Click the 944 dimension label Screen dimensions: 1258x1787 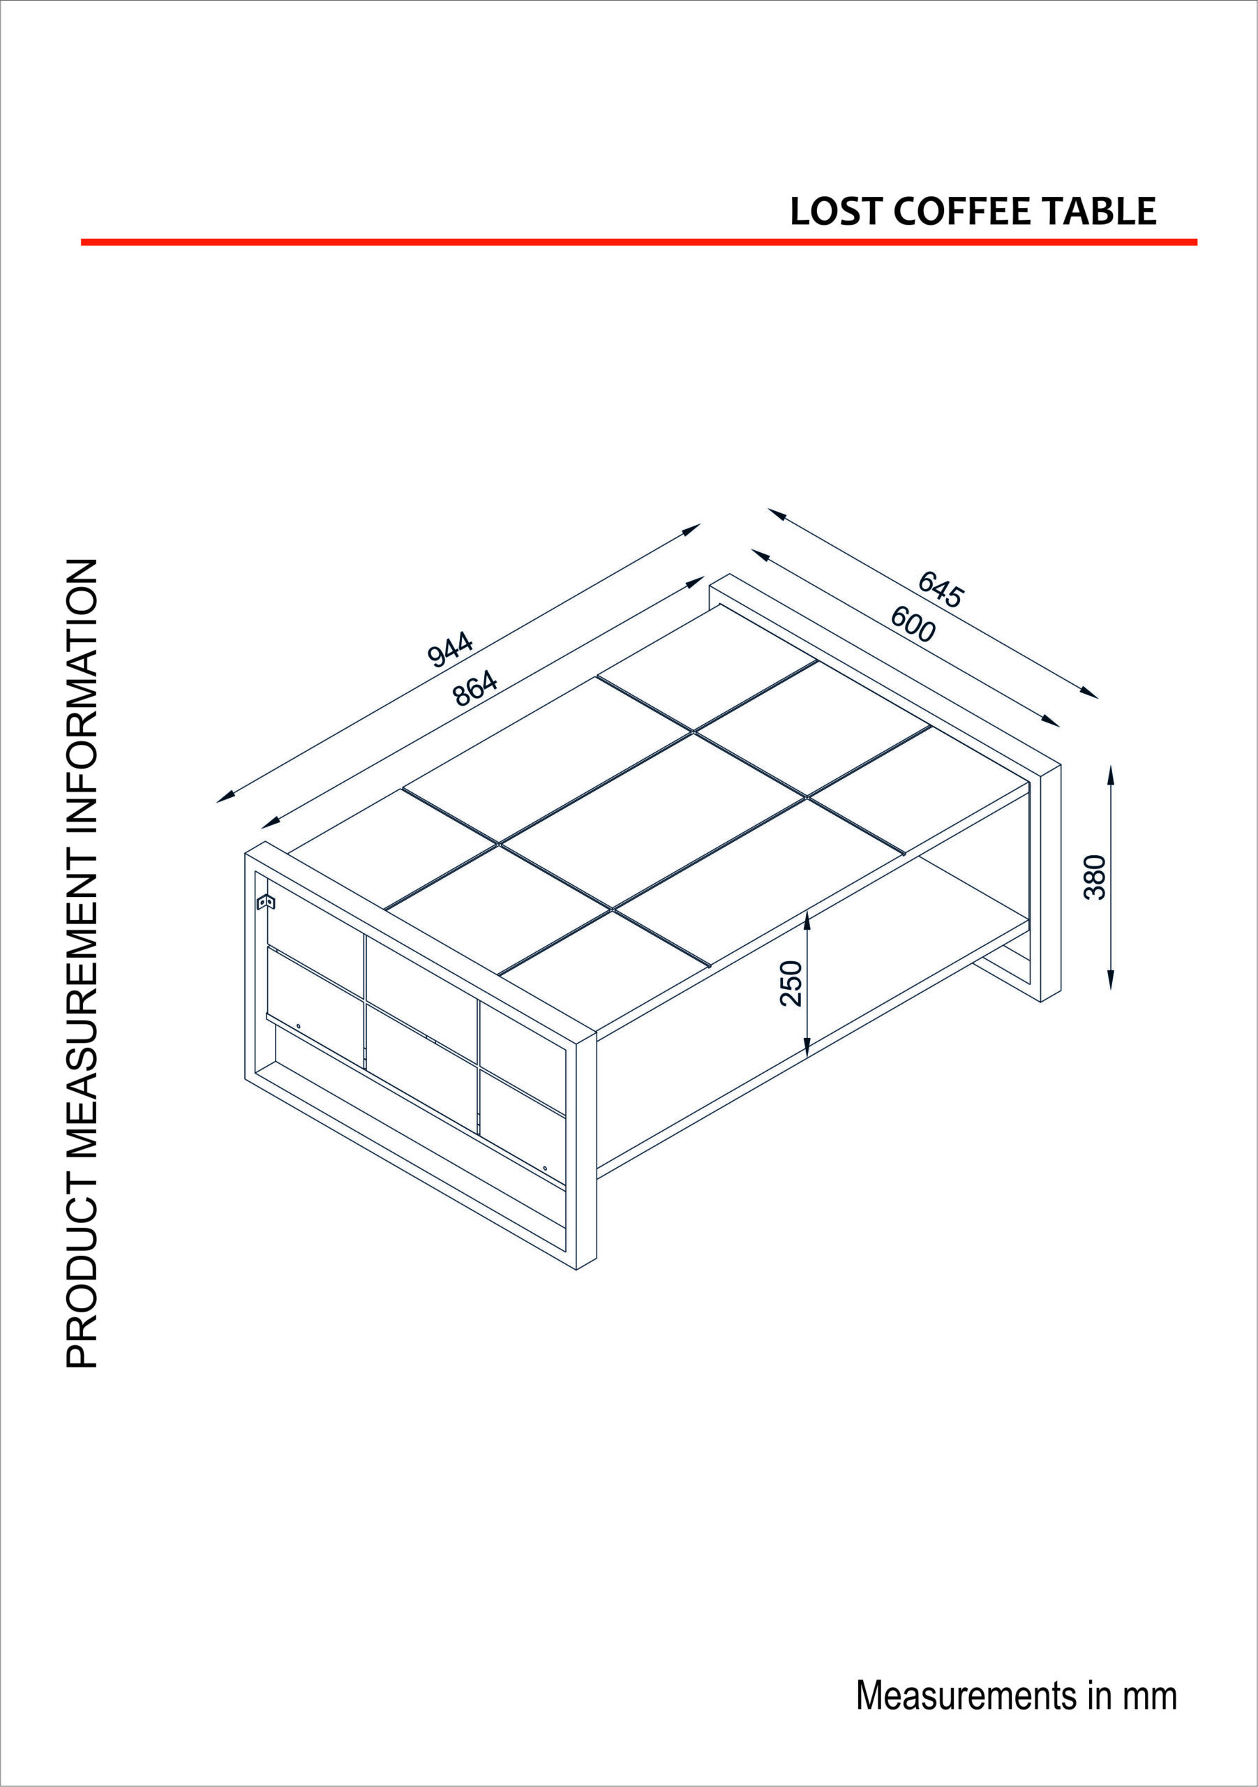coord(451,650)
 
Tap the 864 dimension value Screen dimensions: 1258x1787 coord(475,688)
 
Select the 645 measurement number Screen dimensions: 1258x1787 coord(941,589)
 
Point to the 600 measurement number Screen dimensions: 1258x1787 coord(913,624)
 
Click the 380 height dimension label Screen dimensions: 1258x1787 coord(1095,877)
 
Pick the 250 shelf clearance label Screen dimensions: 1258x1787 coord(791,984)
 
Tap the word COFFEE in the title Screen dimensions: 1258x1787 coord(961,212)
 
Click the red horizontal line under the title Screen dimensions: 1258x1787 coord(638,242)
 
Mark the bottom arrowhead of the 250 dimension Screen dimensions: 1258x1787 coord(807,1048)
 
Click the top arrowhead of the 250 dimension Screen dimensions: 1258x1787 coord(807,921)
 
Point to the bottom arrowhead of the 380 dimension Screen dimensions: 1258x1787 coord(1110,980)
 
